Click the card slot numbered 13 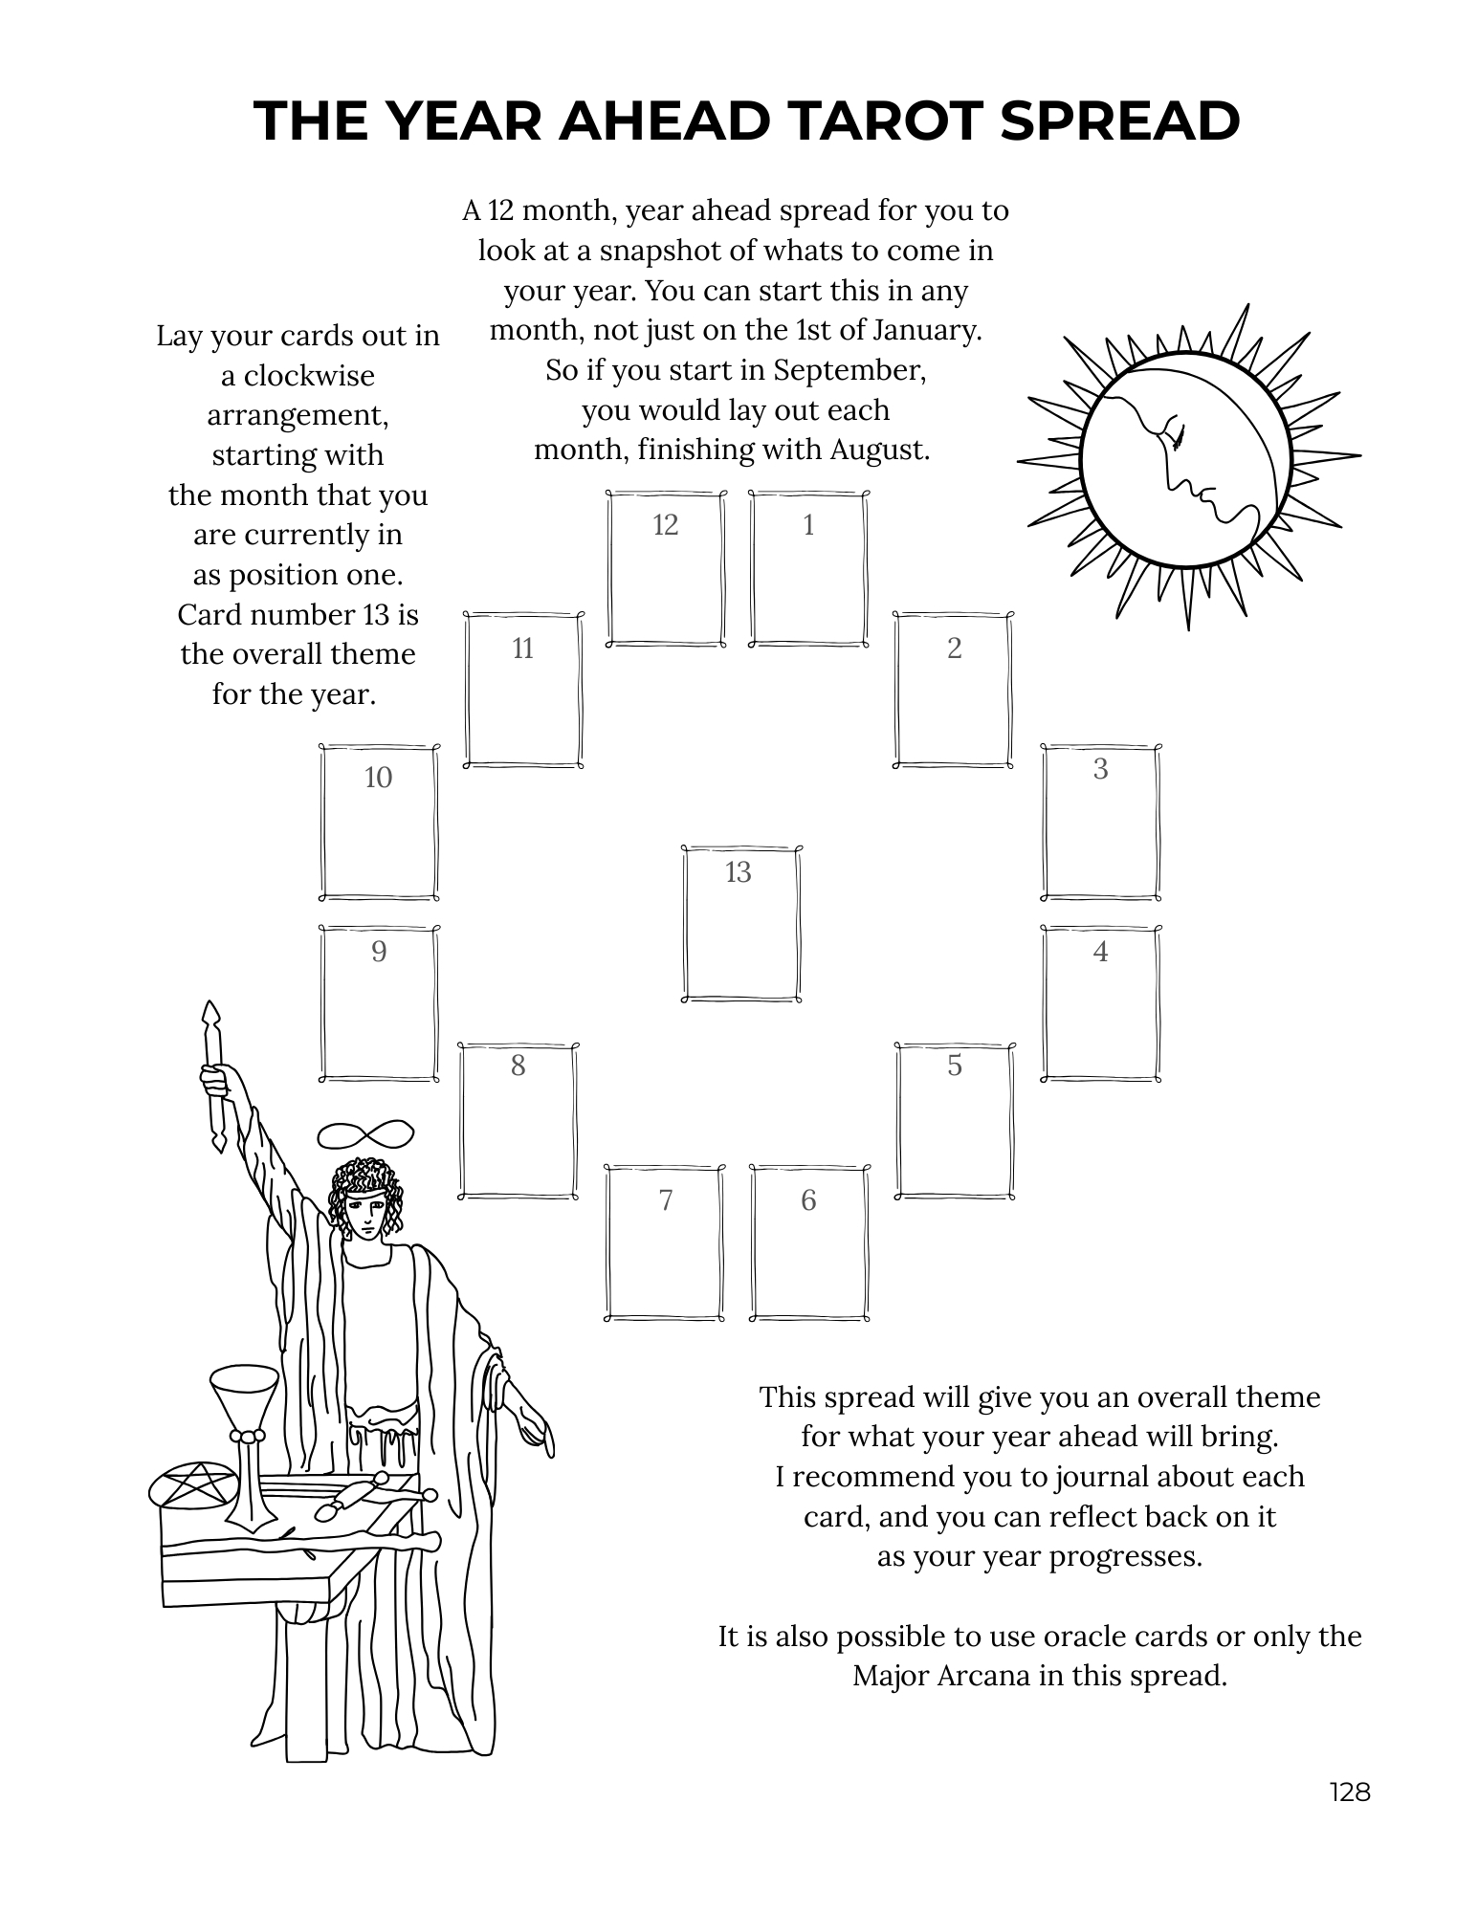[x=741, y=923]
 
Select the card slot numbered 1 [x=808, y=569]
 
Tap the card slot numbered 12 [x=666, y=569]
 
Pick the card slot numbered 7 [x=665, y=1242]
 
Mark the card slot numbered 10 [x=379, y=822]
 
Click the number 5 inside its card [x=955, y=1066]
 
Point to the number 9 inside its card [x=379, y=952]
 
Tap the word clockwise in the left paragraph [x=298, y=376]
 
